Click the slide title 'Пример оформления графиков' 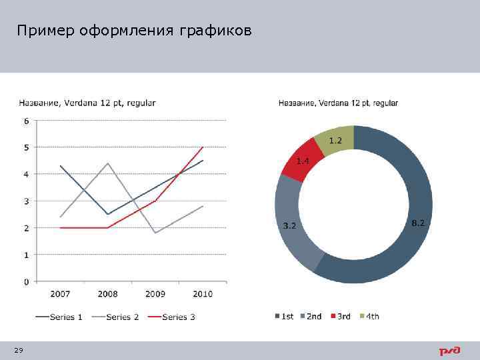point(135,31)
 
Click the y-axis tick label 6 point(26,121)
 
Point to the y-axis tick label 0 point(26,282)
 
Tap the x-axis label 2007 point(60,294)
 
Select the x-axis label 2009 point(155,294)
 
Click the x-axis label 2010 point(203,294)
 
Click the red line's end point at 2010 point(203,147)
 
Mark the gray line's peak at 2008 point(108,163)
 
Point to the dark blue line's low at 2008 point(108,214)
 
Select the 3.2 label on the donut point(289,226)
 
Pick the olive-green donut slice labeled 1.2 point(335,140)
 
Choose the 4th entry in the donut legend point(369,316)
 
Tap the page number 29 point(18,351)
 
